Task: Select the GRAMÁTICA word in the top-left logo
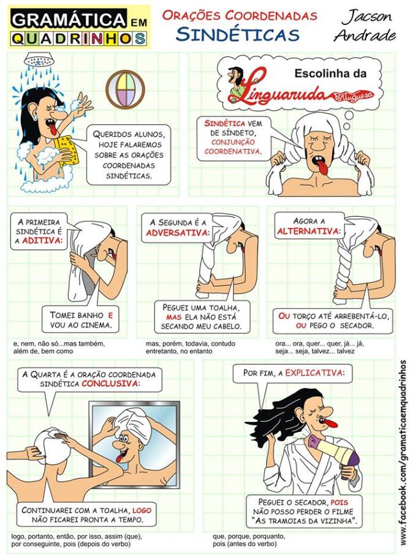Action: pyautogui.click(x=58, y=20)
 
